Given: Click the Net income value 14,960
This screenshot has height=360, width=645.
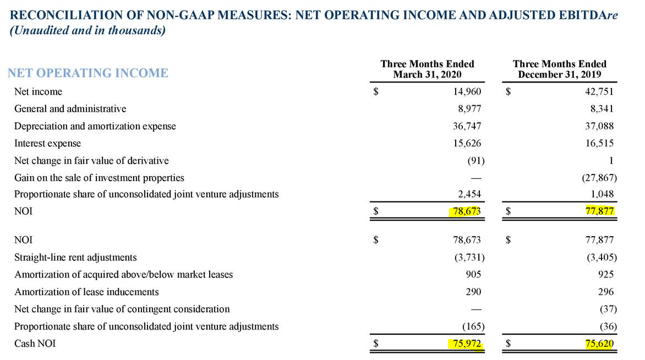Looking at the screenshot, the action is pos(467,91).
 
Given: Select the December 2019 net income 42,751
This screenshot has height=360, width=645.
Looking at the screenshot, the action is pos(599,91).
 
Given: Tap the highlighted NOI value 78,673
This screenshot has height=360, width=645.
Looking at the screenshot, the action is pos(467,211).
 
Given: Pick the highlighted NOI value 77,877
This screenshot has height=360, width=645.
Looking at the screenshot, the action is pos(599,211).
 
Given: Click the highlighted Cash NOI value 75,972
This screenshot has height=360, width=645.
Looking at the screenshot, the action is pos(467,343).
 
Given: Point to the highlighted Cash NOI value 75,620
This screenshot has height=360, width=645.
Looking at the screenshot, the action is pos(599,343).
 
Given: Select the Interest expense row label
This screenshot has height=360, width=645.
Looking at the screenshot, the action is pos(48,143).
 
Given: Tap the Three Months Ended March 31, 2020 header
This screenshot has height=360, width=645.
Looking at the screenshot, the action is pos(428,69).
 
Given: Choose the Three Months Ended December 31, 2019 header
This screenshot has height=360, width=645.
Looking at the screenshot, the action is pos(560,69).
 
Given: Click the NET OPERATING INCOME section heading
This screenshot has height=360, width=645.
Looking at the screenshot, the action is pos(88,73).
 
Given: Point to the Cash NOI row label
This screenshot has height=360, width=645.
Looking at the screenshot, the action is pos(35,343).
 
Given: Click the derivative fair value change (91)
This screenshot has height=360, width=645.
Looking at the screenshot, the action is pos(476,160).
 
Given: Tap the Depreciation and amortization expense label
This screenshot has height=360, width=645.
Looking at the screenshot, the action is pos(95,126).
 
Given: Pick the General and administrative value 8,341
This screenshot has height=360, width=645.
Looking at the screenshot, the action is pos(602,108).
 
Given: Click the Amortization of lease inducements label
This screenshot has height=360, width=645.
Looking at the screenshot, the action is pos(86,292).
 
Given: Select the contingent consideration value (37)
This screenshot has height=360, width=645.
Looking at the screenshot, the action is pos(608,309).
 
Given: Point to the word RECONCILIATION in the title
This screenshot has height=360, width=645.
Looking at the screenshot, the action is pos(66,15).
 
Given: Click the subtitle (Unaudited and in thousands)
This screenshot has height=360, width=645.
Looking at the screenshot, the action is pos(87,30).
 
